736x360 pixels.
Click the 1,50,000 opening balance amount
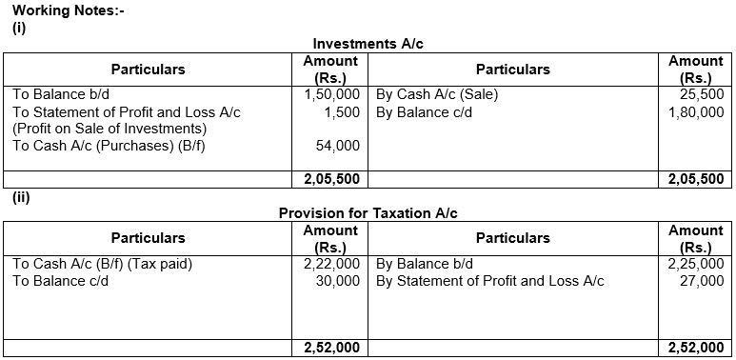(332, 95)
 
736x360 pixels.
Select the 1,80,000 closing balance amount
(696, 112)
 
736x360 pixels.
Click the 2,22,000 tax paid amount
(332, 264)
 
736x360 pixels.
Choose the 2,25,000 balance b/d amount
(696, 264)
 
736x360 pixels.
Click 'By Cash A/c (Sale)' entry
(436, 95)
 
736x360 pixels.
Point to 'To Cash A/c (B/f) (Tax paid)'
(102, 264)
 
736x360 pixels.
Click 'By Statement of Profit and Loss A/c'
(489, 281)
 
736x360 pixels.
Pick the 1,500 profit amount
(341, 112)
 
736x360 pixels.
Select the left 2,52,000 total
(332, 348)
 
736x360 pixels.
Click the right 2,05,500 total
(696, 179)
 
